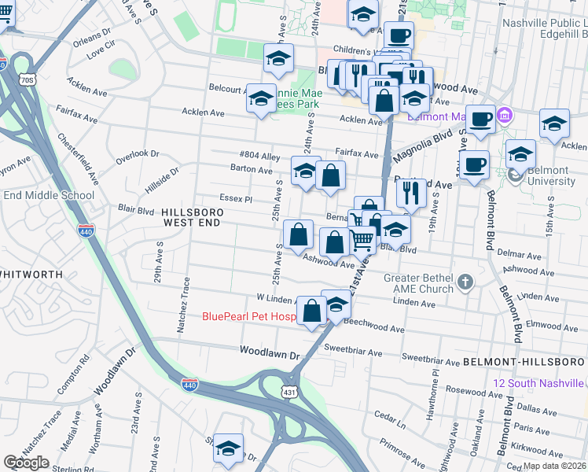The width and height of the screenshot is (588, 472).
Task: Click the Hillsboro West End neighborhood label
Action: (x=193, y=219)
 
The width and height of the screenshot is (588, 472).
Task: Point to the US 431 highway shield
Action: (x=289, y=391)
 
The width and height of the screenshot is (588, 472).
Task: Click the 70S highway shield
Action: (x=28, y=80)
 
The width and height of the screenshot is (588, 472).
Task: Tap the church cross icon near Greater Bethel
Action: (x=465, y=282)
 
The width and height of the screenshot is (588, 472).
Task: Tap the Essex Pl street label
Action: (x=236, y=200)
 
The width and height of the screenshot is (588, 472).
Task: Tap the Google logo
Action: (x=27, y=463)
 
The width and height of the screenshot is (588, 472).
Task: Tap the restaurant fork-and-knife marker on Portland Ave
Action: (x=411, y=193)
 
